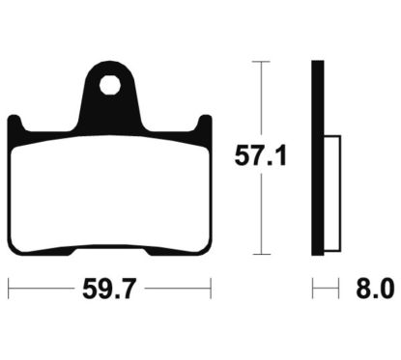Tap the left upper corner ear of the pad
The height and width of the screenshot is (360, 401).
[15, 125]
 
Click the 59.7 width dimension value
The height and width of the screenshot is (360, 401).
[109, 287]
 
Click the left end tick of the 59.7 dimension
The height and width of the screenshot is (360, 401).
[9, 287]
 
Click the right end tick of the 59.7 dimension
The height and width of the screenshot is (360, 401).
[210, 287]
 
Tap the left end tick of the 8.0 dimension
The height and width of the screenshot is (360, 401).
[312, 287]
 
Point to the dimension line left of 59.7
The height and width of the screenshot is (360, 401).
[43, 287]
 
